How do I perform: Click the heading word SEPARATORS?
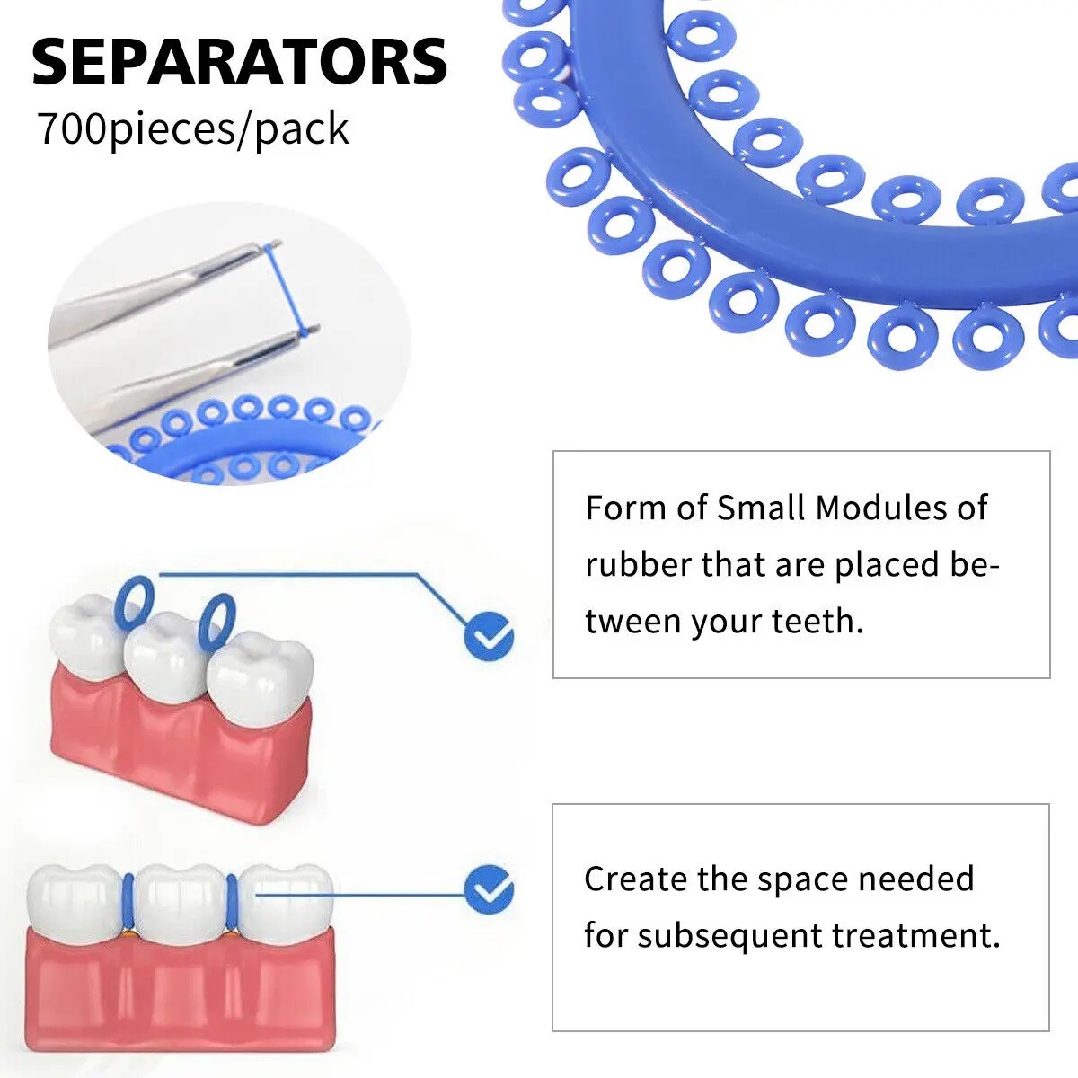[x=240, y=62]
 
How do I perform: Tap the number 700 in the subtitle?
[x=72, y=129]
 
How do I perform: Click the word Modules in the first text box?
[x=872, y=508]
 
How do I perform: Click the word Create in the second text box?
[x=635, y=879]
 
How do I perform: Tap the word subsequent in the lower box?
[x=728, y=935]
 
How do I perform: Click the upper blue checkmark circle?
[x=489, y=638]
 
